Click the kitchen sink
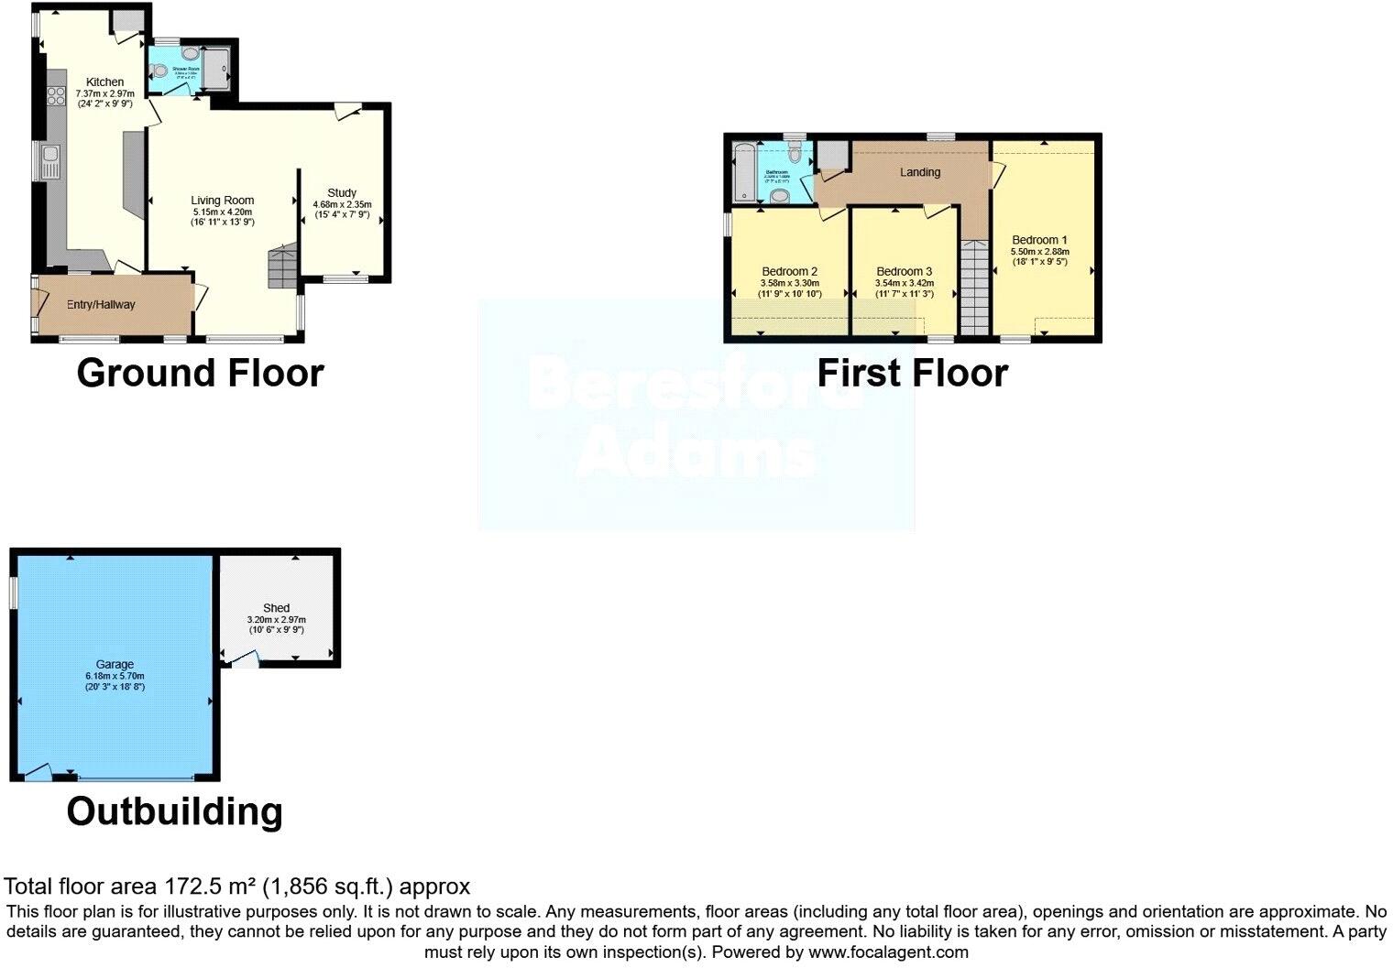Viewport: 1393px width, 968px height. (x=49, y=162)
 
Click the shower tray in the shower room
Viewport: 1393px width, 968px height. (x=216, y=69)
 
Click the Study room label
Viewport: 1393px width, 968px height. (x=342, y=192)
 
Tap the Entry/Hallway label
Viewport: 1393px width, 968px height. (x=101, y=305)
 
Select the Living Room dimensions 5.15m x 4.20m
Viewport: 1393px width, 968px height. (x=222, y=212)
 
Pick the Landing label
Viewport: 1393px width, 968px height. (x=919, y=172)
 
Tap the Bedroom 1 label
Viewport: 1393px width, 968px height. (x=1039, y=240)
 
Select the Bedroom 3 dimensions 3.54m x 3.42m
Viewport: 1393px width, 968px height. (x=904, y=283)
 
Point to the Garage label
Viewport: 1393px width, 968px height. (x=115, y=664)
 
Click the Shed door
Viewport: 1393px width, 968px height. (x=245, y=658)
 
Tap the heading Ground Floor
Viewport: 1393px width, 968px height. (x=200, y=374)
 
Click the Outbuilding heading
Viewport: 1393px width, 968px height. (x=174, y=812)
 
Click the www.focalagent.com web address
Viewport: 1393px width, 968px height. (x=888, y=952)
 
